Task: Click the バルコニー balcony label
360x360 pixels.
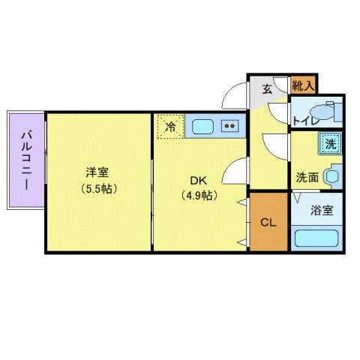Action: pos(25,160)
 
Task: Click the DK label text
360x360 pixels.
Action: pos(198,181)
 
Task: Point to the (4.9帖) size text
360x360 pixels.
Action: pos(198,196)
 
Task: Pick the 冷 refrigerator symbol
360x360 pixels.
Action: pos(170,127)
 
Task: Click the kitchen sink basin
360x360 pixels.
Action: pos(203,126)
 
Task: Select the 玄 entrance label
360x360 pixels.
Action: pos(267,88)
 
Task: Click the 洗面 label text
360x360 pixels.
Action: pos(307,178)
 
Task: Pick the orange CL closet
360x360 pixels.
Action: pos(268,223)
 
